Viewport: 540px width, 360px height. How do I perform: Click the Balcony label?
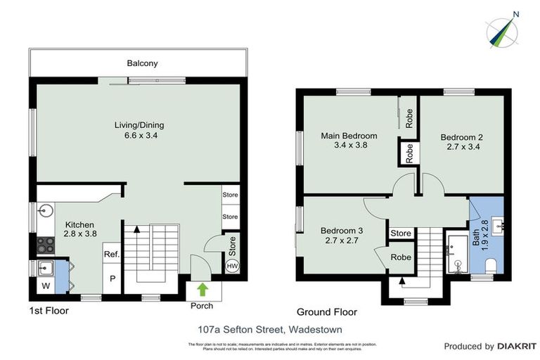142,63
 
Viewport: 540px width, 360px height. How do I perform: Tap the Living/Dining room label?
139,125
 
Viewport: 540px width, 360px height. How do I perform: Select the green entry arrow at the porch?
202,289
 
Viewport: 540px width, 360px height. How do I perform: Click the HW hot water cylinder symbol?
231,266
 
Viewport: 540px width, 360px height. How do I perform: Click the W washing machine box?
45,286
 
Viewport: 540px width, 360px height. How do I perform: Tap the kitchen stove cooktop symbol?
45,245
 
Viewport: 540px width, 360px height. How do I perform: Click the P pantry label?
111,278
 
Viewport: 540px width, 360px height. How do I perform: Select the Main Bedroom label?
349,136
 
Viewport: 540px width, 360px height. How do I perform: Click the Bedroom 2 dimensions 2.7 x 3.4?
461,148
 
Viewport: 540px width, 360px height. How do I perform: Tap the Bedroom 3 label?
342,230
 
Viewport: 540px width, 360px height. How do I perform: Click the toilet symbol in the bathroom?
492,266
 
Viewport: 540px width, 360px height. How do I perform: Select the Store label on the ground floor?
400,233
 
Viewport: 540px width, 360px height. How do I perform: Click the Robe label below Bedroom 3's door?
401,257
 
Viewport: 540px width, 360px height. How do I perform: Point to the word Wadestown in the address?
292,328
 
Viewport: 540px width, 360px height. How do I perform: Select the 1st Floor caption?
49,310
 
